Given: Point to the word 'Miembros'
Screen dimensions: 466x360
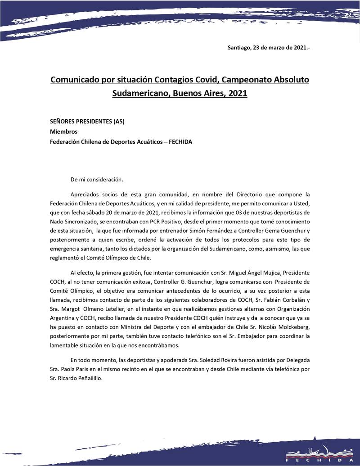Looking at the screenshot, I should (63, 132).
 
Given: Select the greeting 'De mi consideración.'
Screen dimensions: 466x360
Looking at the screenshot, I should (97, 179).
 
